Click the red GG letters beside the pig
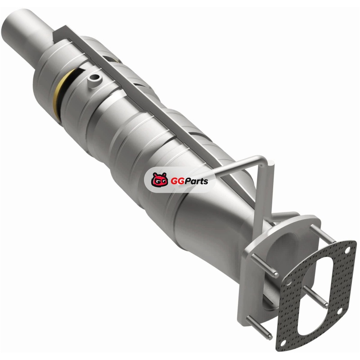point(175,182)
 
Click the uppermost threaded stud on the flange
point(322,234)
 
